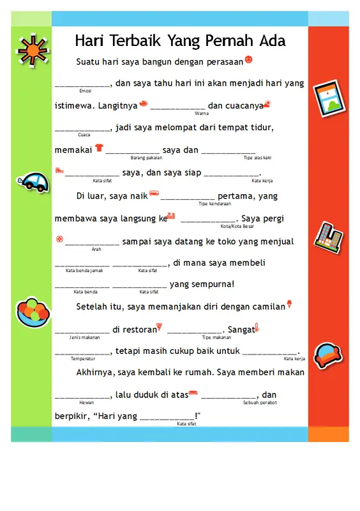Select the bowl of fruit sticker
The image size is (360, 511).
coord(32,312)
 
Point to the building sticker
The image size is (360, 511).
coord(328,236)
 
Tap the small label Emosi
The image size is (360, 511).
coord(85,91)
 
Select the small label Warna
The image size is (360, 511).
coord(202,113)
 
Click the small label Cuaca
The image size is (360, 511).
coord(84,135)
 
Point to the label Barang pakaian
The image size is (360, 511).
coord(146,157)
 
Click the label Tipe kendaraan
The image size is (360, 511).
coord(214,204)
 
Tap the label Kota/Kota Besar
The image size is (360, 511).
coord(237,226)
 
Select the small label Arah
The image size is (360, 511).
coord(96,249)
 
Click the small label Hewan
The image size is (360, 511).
coord(86,402)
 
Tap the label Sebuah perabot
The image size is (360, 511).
coord(259,402)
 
